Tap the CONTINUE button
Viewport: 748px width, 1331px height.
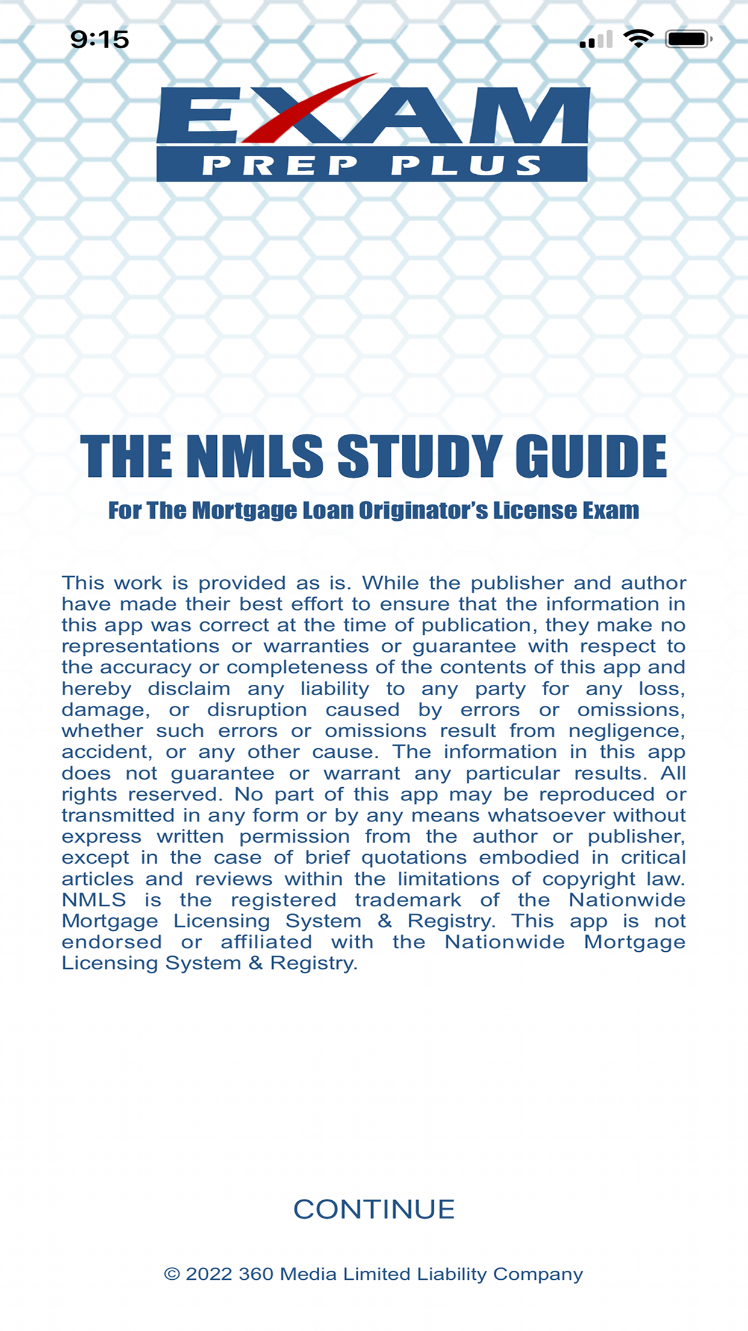[374, 1209]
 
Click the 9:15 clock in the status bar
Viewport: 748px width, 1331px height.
[100, 40]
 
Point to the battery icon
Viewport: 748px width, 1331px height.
[687, 39]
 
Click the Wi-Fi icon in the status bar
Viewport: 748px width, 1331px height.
[638, 39]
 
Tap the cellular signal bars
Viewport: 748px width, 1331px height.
[596, 40]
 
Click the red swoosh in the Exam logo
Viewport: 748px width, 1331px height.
[307, 109]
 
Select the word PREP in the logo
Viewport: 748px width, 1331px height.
[280, 165]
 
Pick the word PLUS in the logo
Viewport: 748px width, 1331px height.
[467, 165]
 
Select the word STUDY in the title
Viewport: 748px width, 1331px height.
[419, 456]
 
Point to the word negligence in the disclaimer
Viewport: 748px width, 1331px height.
[626, 731]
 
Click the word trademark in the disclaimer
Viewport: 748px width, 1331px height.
[408, 900]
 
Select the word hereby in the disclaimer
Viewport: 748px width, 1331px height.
[96, 688]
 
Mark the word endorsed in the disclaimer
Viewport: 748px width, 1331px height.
[111, 942]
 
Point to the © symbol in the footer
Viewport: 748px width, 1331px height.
[172, 1274]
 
